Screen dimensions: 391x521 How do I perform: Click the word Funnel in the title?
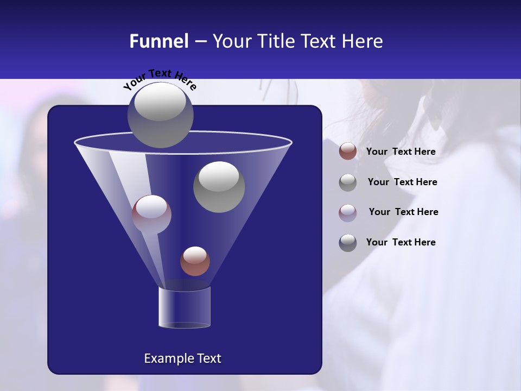click(x=158, y=41)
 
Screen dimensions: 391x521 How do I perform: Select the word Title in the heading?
click(x=276, y=41)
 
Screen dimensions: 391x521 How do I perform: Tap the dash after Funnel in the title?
click(x=200, y=42)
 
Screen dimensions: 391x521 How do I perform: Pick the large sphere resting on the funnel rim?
click(x=161, y=115)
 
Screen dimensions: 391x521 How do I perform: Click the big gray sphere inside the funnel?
click(x=219, y=187)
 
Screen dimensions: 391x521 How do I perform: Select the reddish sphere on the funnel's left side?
click(x=151, y=215)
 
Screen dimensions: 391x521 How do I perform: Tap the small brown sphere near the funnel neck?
click(x=195, y=261)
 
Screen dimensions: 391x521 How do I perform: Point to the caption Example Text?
click(x=182, y=358)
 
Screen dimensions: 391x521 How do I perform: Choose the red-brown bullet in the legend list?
click(x=348, y=152)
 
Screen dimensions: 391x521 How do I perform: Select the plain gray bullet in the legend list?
click(x=348, y=182)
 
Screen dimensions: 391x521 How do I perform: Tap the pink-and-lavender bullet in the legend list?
click(x=348, y=213)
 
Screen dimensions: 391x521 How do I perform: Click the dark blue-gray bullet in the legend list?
click(x=348, y=243)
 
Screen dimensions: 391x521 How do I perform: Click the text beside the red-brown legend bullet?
click(x=401, y=152)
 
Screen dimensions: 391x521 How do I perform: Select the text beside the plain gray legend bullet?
click(x=402, y=182)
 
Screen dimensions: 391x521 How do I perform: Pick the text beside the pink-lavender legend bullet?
click(x=403, y=212)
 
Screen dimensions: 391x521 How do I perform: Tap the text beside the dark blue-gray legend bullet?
click(x=401, y=242)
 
